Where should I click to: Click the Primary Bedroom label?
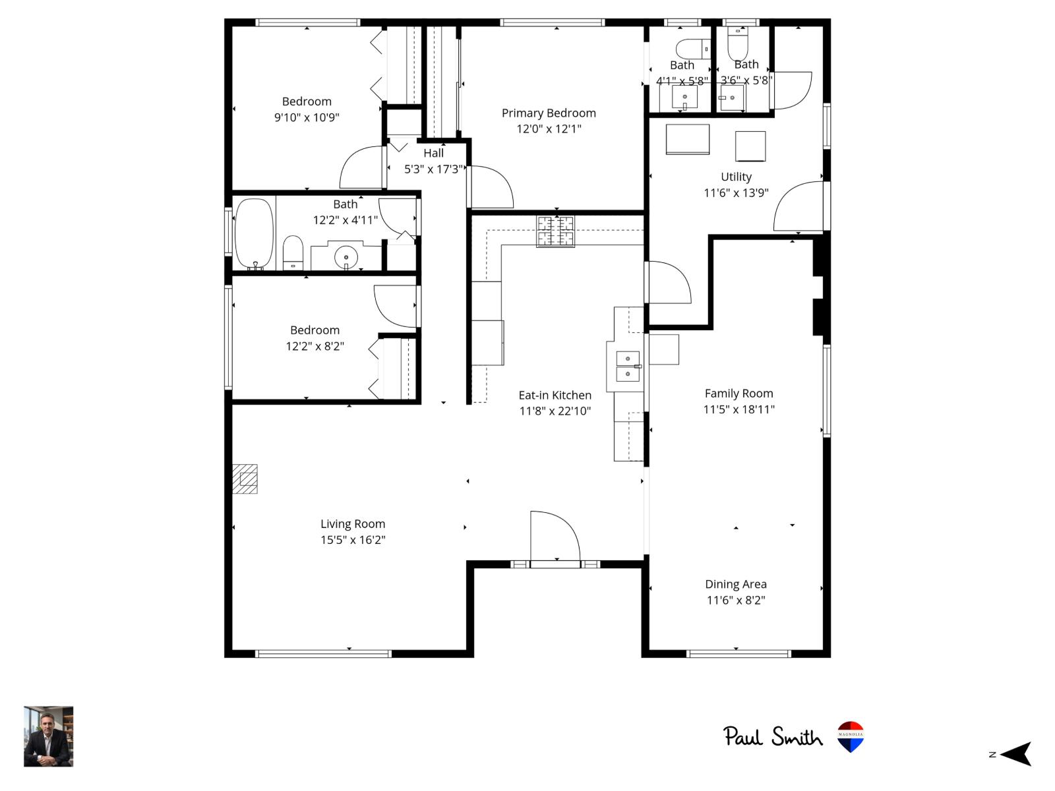point(549,113)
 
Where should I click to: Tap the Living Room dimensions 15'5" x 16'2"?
point(353,540)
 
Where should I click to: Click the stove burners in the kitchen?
point(555,231)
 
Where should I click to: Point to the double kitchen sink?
point(627,366)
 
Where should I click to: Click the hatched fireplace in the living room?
point(245,479)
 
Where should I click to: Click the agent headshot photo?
point(49,736)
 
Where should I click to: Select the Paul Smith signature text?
point(773,736)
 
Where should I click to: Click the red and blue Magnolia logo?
point(851,736)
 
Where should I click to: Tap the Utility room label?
point(736,177)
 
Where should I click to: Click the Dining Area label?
point(736,584)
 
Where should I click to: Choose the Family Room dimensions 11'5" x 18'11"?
point(738,409)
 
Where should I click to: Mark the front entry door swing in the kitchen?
point(554,537)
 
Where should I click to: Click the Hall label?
point(433,153)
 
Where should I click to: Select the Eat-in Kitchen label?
point(555,395)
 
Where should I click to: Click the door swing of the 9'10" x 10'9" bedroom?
point(361,168)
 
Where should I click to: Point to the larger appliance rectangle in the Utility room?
point(687,139)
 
